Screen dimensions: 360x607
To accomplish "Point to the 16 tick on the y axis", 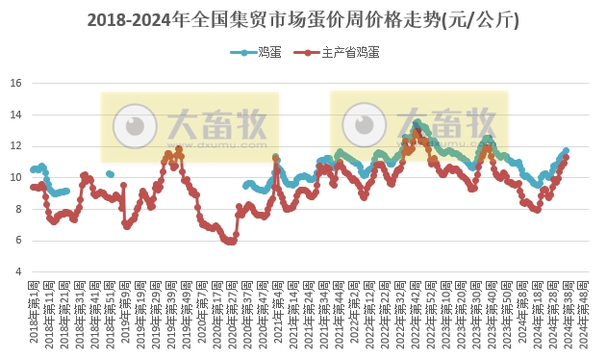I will [15, 83].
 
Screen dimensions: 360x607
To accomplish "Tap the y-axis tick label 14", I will [15, 115].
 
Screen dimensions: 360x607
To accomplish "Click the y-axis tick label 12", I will [15, 146].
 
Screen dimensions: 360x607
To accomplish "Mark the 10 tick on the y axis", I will [15, 177].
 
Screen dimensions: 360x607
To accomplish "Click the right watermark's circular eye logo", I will [363, 125].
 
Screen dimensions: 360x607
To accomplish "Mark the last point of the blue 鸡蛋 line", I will [566, 151].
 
